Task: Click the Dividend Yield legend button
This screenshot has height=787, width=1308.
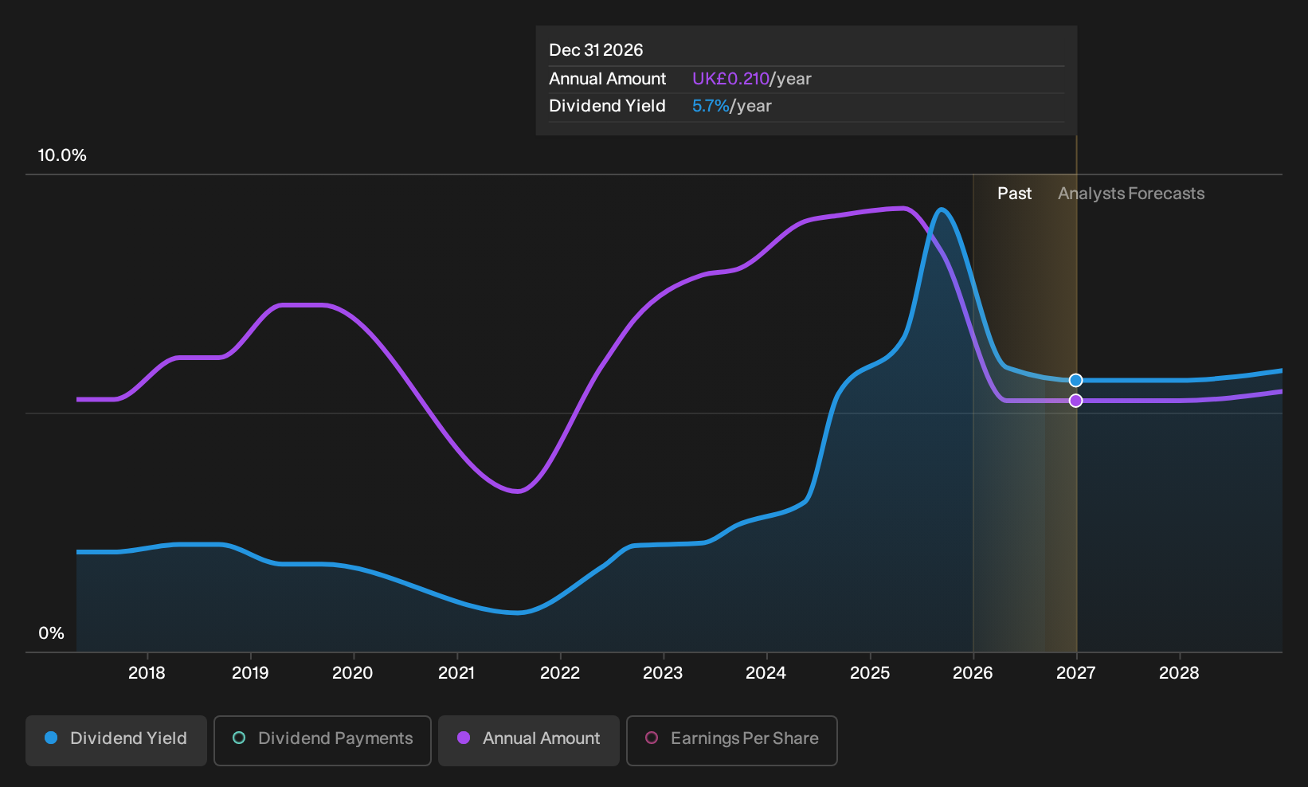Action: point(116,740)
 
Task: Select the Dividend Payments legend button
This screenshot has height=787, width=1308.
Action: point(323,740)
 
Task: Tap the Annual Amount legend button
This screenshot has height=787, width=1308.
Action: point(528,740)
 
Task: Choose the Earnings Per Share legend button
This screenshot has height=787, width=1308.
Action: point(731,740)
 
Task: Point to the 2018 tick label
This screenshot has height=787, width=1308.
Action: point(147,673)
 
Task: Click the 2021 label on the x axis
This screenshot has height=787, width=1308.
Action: point(456,673)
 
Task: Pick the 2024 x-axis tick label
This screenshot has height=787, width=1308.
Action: point(766,673)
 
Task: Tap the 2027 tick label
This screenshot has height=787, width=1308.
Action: point(1075,673)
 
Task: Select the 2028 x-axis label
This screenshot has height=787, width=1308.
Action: point(1179,673)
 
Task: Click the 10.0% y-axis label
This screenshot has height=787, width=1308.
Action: point(62,155)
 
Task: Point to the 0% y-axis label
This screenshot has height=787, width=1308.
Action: point(52,633)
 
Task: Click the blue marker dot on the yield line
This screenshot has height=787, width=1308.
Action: point(1075,381)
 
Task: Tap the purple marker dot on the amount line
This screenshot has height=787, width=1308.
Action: point(1075,401)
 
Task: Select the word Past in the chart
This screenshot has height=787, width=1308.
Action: point(1014,194)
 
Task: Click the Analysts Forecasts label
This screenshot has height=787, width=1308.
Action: point(1131,194)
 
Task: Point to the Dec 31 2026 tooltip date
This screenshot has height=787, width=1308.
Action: point(596,50)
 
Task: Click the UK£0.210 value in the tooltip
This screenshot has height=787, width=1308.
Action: point(730,79)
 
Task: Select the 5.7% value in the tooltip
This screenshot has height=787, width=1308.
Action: point(710,106)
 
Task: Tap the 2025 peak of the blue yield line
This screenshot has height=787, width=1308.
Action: point(942,209)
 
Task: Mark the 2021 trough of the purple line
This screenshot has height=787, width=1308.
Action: point(517,491)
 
